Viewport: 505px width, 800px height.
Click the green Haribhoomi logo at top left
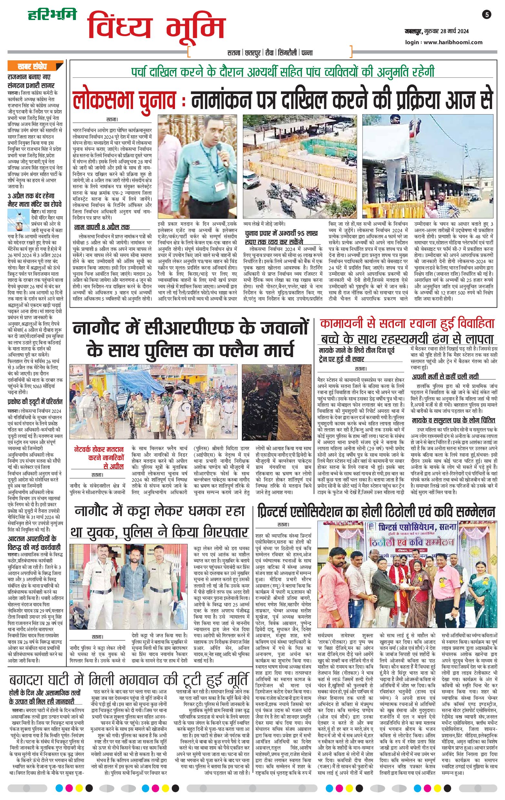click(x=52, y=15)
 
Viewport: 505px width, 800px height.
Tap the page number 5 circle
click(x=487, y=15)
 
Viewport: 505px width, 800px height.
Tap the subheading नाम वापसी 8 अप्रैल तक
click(x=102, y=227)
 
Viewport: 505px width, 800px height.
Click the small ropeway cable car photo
click(x=19, y=220)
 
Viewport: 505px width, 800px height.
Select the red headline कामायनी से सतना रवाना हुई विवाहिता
click(x=407, y=324)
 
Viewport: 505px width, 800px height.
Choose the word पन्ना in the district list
click(x=307, y=53)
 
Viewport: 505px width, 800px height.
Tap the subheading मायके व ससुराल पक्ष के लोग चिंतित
click(x=453, y=420)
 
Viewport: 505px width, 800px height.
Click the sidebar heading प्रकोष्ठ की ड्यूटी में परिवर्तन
click(x=35, y=402)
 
